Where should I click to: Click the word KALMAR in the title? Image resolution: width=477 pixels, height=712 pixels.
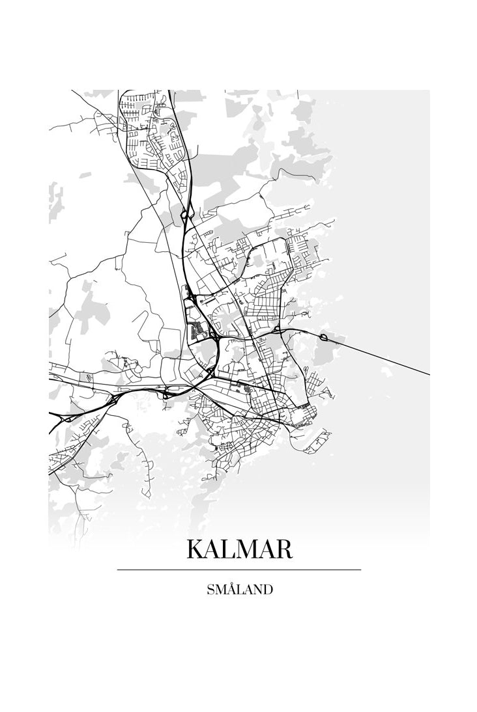239,549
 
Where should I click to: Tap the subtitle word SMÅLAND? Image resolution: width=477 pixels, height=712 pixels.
239,590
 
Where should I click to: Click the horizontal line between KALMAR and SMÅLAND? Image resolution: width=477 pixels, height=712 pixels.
239,569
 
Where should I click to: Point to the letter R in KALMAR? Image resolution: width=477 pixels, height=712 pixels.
283,549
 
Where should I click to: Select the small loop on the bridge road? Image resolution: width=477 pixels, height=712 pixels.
323,336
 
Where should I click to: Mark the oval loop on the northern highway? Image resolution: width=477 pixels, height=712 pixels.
185,213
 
